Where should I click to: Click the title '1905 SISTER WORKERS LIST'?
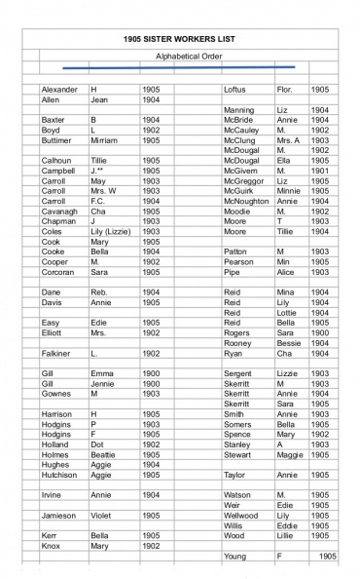point(181,38)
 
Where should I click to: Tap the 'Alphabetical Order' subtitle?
point(189,57)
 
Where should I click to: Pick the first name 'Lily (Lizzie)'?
point(113,231)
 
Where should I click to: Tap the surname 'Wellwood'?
point(242,514)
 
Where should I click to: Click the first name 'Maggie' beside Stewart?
point(291,453)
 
